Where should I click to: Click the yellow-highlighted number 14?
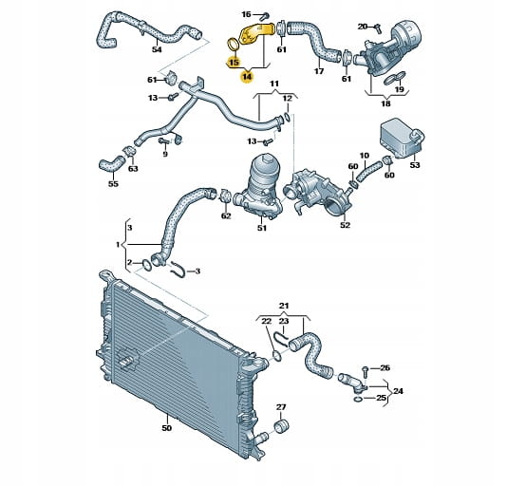click(248, 77)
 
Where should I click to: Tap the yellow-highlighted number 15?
click(234, 61)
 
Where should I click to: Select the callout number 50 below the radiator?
click(166, 428)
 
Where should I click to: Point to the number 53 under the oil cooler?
click(415, 165)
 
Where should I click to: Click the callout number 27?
click(281, 407)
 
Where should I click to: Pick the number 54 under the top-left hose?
click(157, 49)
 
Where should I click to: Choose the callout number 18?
click(385, 103)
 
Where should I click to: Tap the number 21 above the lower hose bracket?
click(284, 306)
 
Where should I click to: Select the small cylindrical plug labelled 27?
click(282, 426)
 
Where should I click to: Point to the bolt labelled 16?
click(265, 15)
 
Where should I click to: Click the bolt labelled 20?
click(378, 28)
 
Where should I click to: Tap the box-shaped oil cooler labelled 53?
click(402, 140)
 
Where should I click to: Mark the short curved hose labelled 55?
click(111, 164)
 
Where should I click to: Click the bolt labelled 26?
click(366, 372)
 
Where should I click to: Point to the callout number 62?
click(226, 215)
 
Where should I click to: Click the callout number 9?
click(165, 154)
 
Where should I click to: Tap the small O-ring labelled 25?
click(357, 400)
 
